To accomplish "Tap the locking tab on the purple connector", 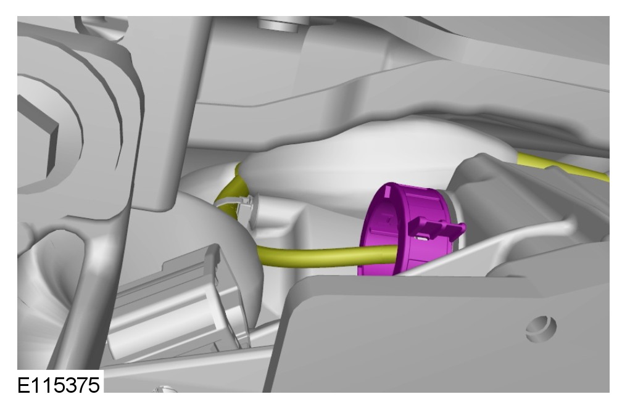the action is tap(437, 229).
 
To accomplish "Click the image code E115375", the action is tap(59, 385).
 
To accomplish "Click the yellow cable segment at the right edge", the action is tap(563, 166).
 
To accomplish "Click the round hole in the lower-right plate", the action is tap(541, 329).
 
